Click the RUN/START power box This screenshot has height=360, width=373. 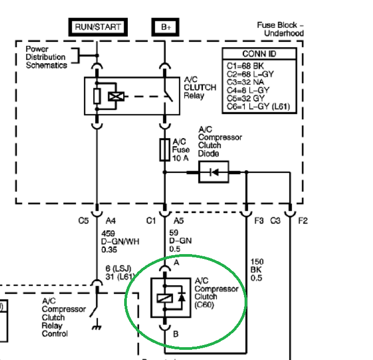[98, 27]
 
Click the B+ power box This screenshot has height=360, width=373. [165, 27]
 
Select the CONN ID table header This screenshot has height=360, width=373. [260, 54]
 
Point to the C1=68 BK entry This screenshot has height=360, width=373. [245, 66]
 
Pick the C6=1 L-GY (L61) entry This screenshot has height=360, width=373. [258, 106]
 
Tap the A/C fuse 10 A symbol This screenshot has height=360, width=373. [165, 150]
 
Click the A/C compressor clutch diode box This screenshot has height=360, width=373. [214, 172]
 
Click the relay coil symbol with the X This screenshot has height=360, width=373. [116, 96]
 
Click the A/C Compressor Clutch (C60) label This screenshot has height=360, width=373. [216, 293]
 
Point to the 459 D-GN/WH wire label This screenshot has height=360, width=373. [120, 242]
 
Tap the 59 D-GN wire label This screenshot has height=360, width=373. [180, 241]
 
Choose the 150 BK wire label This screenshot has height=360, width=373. [257, 270]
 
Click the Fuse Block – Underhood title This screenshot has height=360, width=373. [280, 29]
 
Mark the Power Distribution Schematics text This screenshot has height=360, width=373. [47, 57]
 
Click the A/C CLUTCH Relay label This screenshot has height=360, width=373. [200, 88]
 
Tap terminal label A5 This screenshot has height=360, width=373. [179, 221]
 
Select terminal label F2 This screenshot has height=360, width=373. [303, 221]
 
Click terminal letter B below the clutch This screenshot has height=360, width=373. [176, 334]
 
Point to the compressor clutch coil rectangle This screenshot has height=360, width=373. [165, 298]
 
